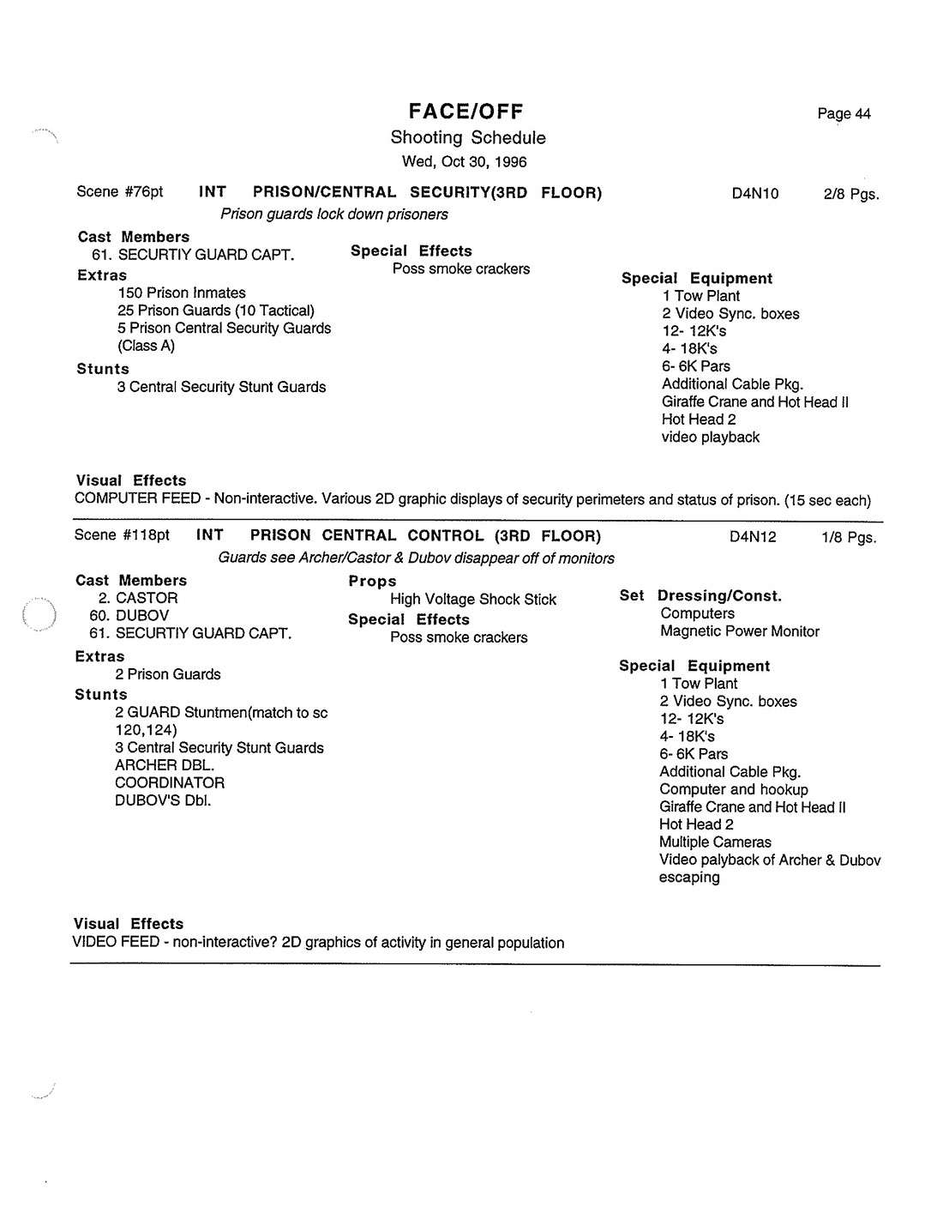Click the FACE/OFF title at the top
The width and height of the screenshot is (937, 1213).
coord(465,112)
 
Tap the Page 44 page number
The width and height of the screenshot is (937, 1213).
coord(844,114)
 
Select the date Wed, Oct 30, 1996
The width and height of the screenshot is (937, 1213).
coord(464,162)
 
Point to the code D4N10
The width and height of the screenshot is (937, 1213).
coord(754,194)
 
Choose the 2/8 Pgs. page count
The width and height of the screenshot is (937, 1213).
coord(850,194)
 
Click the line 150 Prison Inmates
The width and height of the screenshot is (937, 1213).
coord(182,293)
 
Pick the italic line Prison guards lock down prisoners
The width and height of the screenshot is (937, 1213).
coord(333,214)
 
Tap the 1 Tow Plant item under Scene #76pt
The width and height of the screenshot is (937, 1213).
coord(700,296)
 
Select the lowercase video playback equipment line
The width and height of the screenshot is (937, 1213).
coord(710,438)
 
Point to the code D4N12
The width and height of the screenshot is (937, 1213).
coord(753,537)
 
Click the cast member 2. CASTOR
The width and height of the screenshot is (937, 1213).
coord(137,598)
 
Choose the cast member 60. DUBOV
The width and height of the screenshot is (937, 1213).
coord(129,616)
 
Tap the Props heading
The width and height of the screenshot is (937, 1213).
coord(372,582)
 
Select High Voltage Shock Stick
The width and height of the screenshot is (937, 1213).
coord(472,600)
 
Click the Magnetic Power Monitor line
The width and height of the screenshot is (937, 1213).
coord(739,631)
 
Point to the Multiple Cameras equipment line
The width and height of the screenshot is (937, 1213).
coord(715,842)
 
